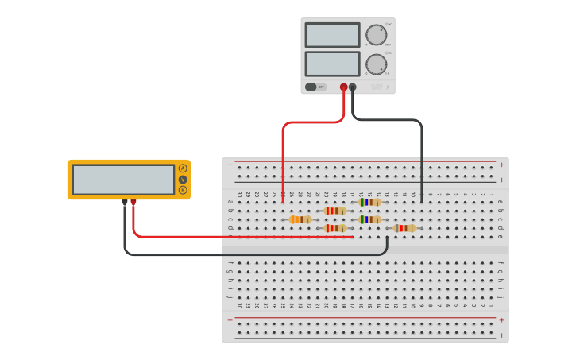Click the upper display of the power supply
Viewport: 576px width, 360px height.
pos(332,35)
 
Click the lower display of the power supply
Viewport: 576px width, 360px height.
pos(332,64)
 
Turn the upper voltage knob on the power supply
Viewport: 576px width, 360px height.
pos(376,34)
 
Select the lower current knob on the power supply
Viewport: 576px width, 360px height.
pos(376,64)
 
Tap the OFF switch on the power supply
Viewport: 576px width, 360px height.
pos(315,87)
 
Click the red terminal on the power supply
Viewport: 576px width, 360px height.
pos(343,87)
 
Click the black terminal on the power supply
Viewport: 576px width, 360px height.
pos(353,87)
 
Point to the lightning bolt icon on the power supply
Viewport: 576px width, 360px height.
pos(388,87)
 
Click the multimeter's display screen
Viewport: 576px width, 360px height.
pos(123,180)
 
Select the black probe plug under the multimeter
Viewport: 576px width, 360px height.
pos(125,203)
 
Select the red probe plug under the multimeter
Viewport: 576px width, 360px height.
pos(133,203)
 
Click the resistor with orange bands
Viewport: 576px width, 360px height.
pos(300,219)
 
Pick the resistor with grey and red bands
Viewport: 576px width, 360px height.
pos(404,228)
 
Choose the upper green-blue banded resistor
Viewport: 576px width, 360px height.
pos(369,202)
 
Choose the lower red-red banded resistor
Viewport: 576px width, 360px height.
pos(335,228)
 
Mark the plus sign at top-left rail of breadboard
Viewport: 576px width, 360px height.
pos(230,165)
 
